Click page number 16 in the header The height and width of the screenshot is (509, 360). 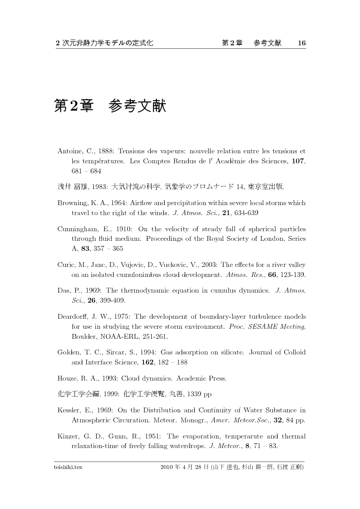[302, 43]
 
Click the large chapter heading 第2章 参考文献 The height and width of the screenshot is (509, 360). [110, 106]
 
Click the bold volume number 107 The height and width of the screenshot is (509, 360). [298, 161]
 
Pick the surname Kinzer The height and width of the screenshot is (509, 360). [68, 436]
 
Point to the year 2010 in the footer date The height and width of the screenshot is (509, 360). [167, 468]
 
